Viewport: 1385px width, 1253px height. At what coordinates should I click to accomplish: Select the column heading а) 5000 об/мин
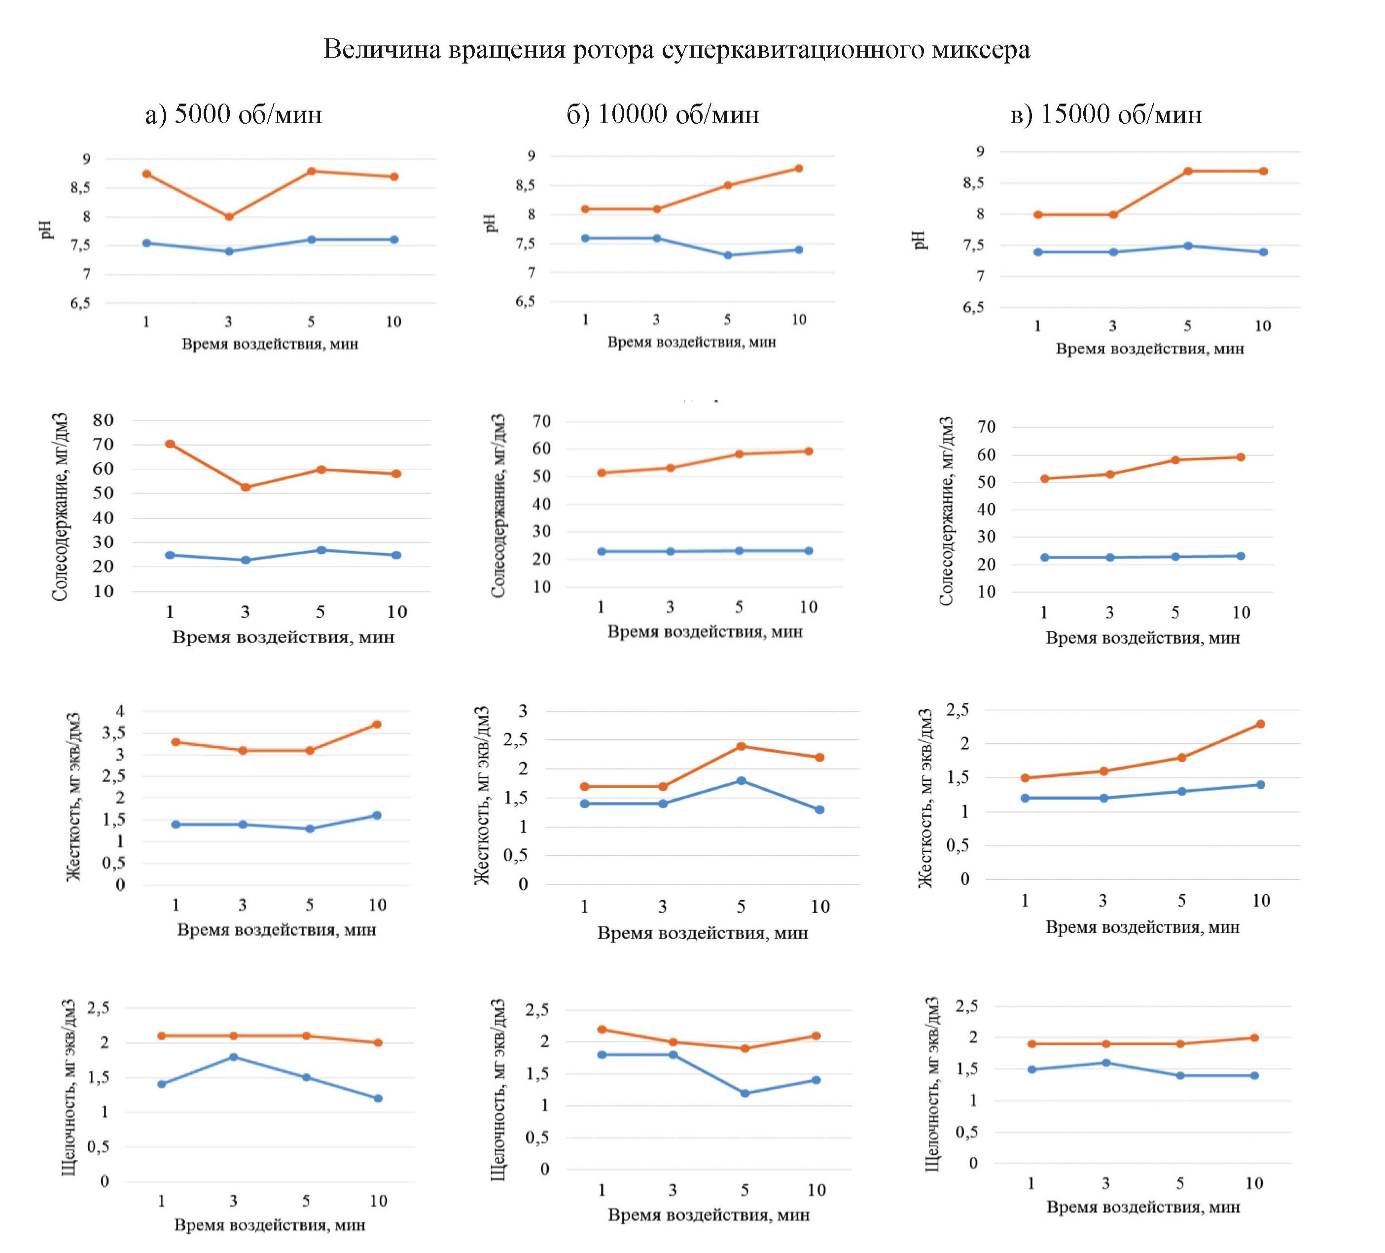[234, 114]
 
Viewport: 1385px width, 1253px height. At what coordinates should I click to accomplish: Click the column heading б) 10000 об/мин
[663, 114]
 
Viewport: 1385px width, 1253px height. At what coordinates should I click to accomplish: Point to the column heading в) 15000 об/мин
[1106, 114]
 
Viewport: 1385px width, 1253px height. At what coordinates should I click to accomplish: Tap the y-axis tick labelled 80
[104, 420]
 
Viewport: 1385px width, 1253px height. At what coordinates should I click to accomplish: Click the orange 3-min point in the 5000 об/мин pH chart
[229, 217]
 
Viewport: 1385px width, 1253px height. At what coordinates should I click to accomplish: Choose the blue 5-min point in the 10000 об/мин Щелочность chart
[745, 1093]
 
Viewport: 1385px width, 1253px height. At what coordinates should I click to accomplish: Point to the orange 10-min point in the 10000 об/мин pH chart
[799, 168]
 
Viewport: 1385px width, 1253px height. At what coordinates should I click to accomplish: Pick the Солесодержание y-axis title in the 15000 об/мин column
[947, 511]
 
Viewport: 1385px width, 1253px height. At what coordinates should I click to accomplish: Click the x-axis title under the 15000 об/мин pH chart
[1149, 349]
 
